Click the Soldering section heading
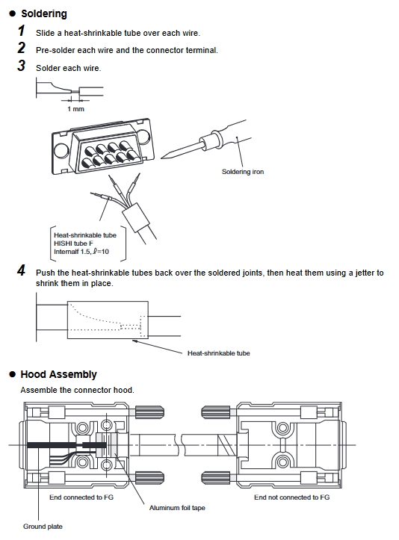tap(44, 13)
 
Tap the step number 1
tap(22, 31)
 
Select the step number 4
tap(22, 270)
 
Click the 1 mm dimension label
tap(75, 109)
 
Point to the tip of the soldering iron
tap(161, 158)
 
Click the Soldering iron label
tap(243, 172)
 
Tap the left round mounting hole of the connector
tap(61, 150)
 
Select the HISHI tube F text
tap(73, 243)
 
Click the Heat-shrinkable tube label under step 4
tap(218, 353)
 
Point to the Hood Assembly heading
tap(58, 374)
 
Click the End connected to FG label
tap(81, 497)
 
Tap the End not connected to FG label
tap(292, 497)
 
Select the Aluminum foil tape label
tap(177, 508)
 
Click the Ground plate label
tap(43, 527)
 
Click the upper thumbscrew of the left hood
tap(149, 412)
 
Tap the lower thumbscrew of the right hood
tap(216, 478)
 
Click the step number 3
tap(22, 66)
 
